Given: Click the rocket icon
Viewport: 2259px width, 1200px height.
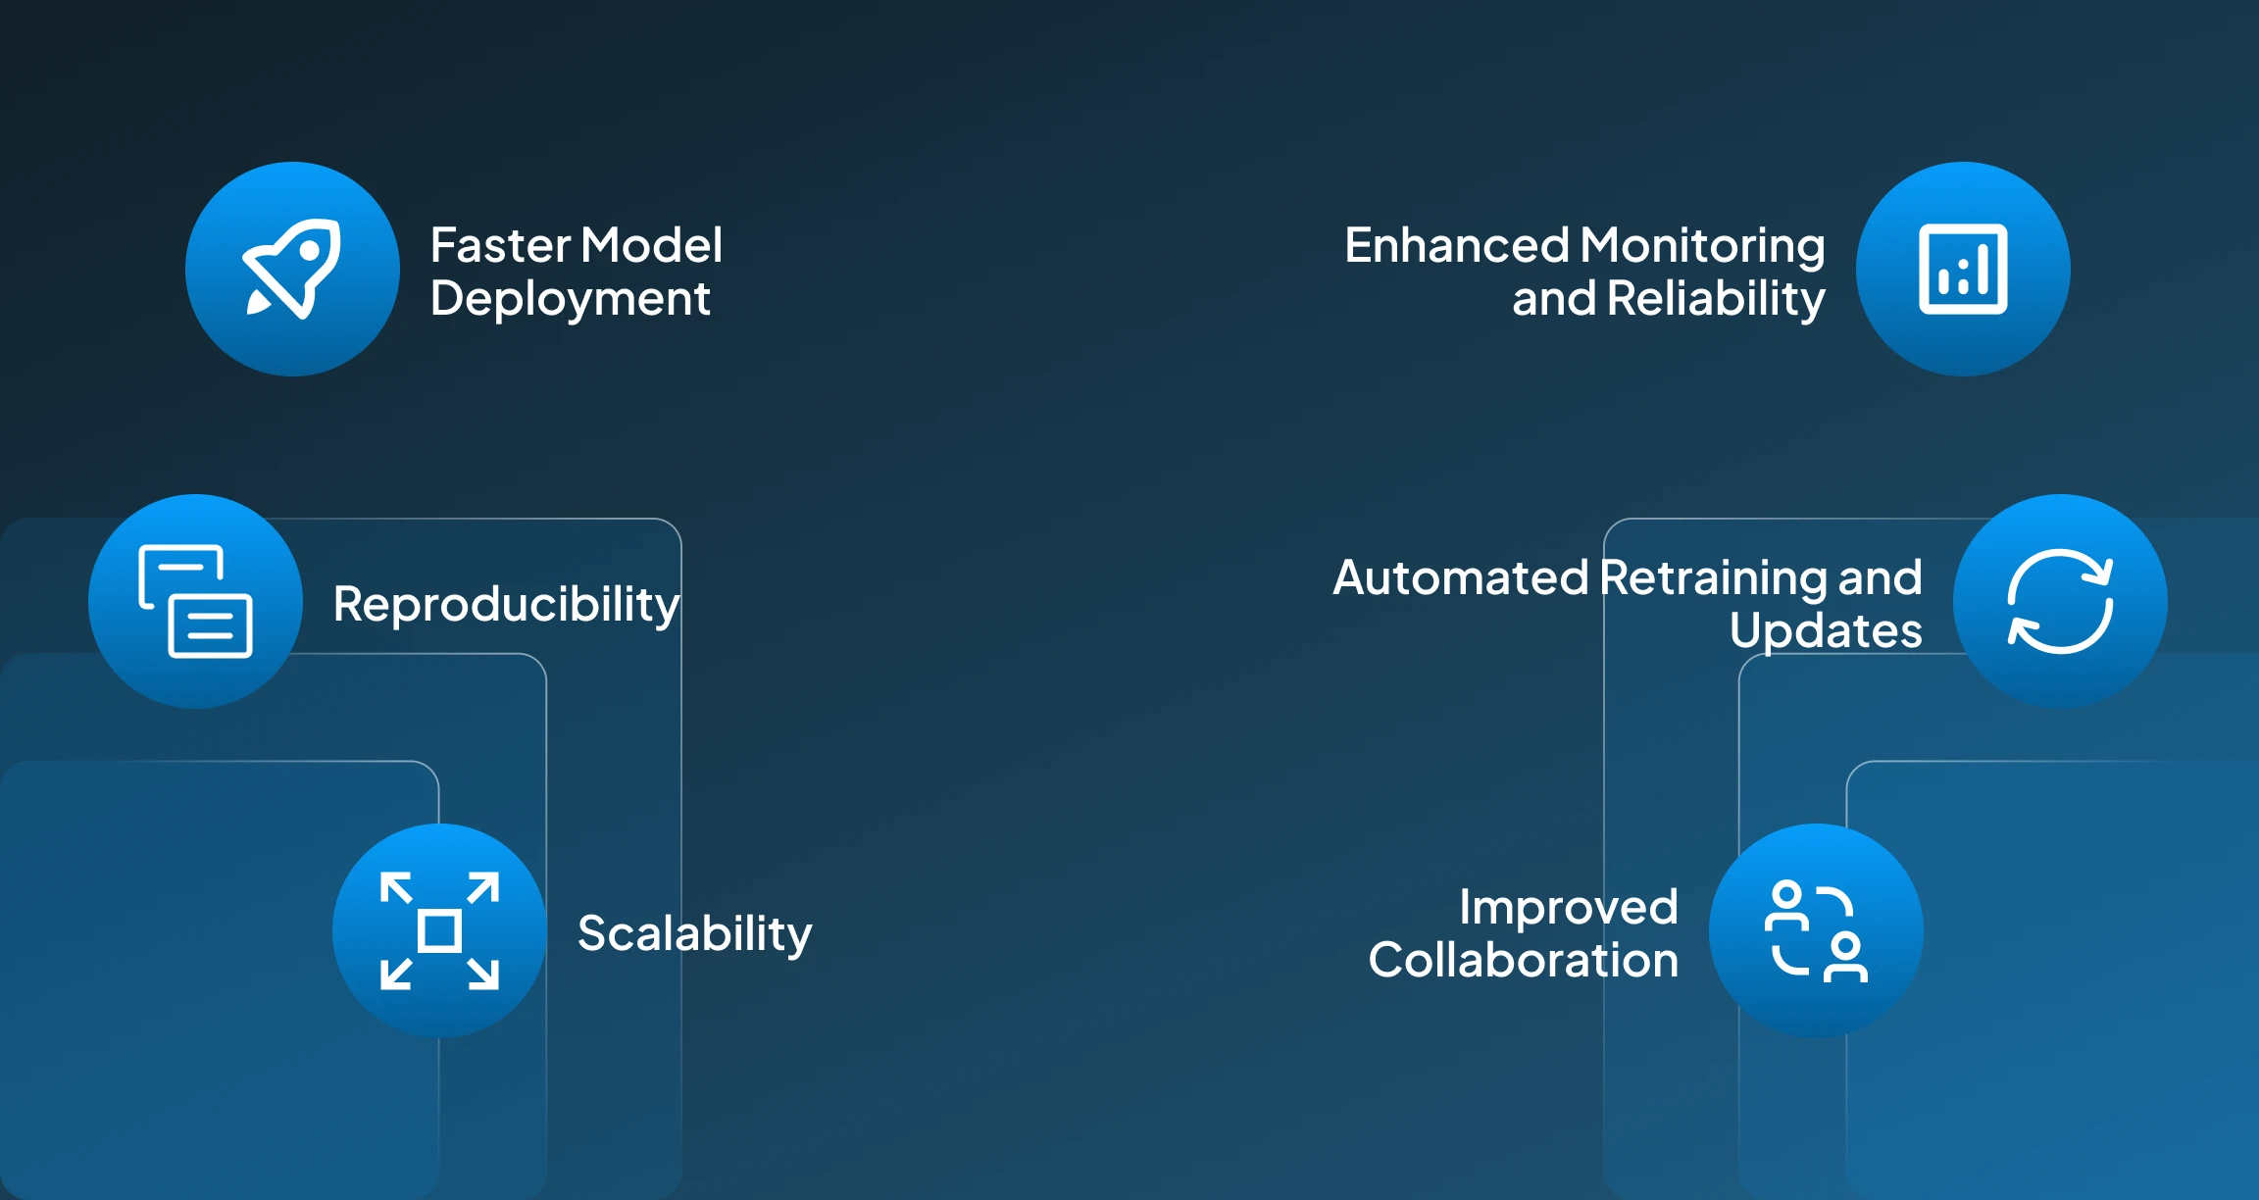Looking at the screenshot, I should point(292,269).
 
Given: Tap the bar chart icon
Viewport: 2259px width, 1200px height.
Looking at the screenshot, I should point(1963,269).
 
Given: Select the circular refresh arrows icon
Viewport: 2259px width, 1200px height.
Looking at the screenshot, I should point(2060,601).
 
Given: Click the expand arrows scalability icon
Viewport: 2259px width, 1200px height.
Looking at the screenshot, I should point(439,930).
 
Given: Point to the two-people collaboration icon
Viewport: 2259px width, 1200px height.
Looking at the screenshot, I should point(1816,930).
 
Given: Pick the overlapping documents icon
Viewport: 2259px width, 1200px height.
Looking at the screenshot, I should point(196,601).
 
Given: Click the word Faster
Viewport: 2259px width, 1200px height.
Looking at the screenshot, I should point(500,245).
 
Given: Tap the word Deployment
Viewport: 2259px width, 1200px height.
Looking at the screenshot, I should point(570,299).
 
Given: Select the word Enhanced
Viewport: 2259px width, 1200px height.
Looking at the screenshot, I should point(1457,245).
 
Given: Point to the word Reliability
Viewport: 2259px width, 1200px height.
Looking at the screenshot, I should point(1716,299).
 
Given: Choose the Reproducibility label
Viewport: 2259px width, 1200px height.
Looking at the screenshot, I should point(506,604).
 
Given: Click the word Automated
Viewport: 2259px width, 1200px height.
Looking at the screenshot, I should point(1460,577).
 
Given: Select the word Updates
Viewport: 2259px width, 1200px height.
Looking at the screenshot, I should point(1826,630).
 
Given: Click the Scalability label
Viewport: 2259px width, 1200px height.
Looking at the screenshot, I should point(694,933).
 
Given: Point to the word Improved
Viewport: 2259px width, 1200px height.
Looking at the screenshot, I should point(1569,907).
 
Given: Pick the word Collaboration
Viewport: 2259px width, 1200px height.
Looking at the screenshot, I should point(1524,960).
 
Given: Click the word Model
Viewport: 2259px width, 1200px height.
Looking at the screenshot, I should point(651,245).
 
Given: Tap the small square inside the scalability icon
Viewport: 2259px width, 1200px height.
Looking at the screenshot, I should point(439,930).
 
